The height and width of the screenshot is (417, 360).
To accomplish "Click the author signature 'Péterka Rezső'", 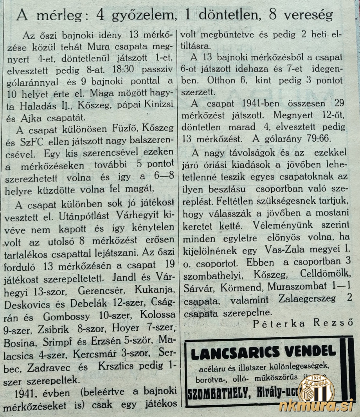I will click(x=303, y=324).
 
